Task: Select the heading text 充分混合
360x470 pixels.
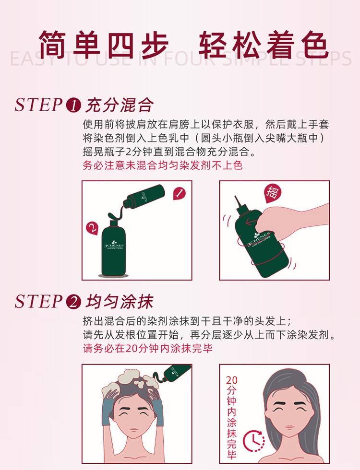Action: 120,105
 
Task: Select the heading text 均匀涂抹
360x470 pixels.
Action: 120,301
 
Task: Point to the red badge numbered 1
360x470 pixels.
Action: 180,194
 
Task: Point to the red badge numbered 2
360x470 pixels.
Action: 93,229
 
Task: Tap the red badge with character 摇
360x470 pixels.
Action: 272,193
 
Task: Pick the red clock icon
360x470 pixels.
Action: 254,441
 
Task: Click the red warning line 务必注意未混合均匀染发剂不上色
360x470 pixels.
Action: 163,165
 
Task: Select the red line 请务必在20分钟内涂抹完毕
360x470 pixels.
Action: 148,348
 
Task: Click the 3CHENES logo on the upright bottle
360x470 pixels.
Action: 114,245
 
